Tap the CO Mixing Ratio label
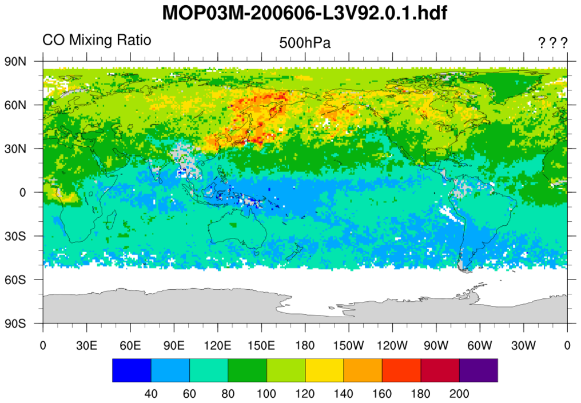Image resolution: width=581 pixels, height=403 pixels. coord(97,41)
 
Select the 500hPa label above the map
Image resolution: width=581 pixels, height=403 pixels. coord(305,43)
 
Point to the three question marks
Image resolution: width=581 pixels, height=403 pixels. coord(552,43)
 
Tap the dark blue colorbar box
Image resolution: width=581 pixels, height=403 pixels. coord(132,370)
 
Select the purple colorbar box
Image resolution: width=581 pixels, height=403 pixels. coord(478,370)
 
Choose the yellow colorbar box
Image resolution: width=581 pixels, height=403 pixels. coord(324,370)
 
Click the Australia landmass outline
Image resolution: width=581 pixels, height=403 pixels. coord(234,232)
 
